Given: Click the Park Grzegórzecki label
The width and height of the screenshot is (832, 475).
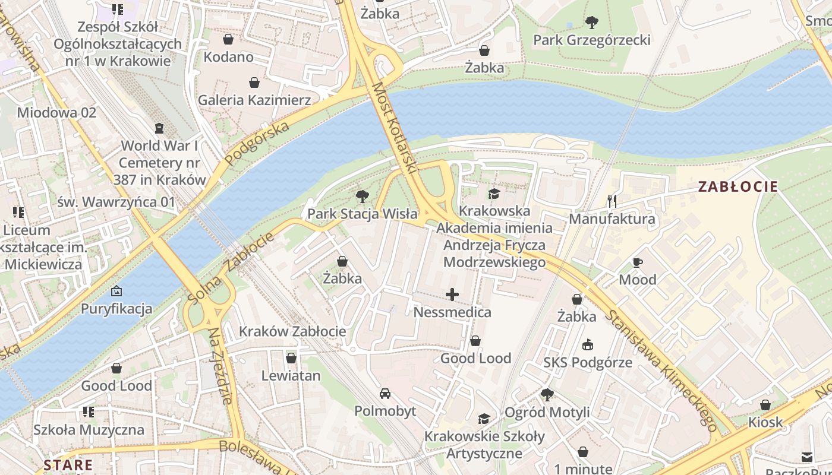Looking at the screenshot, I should [591, 40].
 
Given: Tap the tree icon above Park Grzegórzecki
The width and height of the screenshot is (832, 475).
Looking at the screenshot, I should [591, 23].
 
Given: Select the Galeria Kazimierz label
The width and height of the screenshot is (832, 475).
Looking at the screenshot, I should [254, 100].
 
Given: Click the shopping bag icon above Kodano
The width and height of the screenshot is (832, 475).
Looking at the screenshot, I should [228, 40].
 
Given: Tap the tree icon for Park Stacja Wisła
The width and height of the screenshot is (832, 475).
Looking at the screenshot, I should [362, 197].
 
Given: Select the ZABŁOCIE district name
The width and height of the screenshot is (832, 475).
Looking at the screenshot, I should [738, 186].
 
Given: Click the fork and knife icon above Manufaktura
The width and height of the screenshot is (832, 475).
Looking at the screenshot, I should [612, 201].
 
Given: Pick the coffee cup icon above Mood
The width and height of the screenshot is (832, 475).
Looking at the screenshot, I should [638, 262].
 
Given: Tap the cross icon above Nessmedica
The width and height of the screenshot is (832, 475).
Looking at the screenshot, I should [452, 294].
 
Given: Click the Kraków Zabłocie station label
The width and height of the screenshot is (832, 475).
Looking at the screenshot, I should [292, 331].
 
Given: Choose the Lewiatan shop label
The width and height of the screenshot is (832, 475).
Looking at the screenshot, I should [291, 375].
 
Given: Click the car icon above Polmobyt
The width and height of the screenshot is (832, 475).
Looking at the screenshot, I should [385, 394].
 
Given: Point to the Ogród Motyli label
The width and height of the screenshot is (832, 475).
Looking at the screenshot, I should [547, 412].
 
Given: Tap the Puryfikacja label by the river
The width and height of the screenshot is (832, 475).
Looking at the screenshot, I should [116, 309].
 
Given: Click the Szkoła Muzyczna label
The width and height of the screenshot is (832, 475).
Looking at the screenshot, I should [89, 429].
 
